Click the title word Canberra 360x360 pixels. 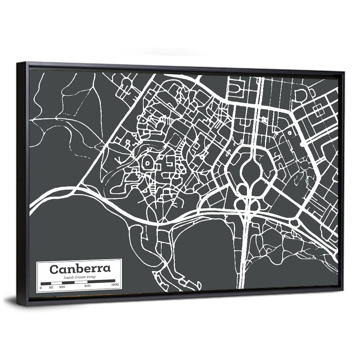pos(80,269)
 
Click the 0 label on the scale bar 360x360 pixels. pos(41,287)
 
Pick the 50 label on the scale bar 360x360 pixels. pos(51,287)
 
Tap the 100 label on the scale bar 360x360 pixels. pos(62,287)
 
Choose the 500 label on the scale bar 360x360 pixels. pos(87,286)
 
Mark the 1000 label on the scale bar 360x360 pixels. pos(115,285)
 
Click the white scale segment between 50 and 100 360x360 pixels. pos(57,283)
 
